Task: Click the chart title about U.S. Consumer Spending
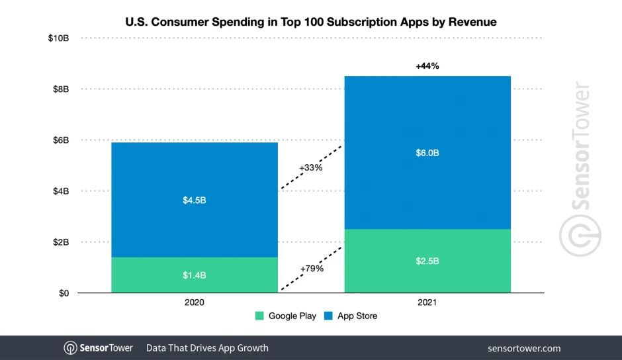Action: click(311, 22)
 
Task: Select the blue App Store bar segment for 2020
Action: click(195, 172)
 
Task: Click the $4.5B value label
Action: click(195, 200)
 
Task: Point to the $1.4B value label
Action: click(195, 275)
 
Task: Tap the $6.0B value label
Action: click(427, 153)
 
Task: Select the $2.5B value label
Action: click(427, 261)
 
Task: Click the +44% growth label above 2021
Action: click(427, 66)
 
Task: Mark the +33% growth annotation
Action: click(311, 168)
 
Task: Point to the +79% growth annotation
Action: click(311, 269)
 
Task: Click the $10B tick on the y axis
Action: click(59, 38)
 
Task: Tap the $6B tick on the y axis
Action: click(61, 140)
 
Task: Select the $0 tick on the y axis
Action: click(64, 293)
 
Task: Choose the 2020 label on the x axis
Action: click(195, 302)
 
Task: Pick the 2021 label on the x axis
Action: click(427, 302)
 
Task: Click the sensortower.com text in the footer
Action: click(523, 348)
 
